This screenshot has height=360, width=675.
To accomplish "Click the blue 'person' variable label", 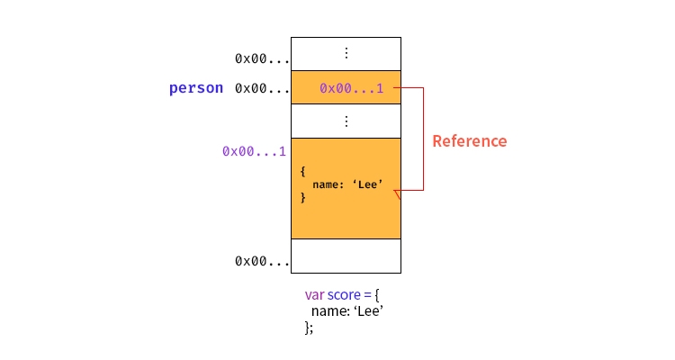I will [x=195, y=88].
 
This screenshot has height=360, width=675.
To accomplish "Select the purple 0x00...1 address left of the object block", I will [x=254, y=151].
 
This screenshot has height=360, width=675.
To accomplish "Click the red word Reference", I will [x=469, y=141].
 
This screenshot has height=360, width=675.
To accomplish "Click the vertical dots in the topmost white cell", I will [x=346, y=54].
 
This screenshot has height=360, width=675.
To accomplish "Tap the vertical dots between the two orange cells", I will [x=346, y=121].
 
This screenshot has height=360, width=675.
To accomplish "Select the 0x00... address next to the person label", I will [x=262, y=88].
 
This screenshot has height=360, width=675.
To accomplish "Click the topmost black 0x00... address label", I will [x=262, y=58].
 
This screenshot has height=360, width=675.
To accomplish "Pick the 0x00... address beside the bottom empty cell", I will [x=262, y=261].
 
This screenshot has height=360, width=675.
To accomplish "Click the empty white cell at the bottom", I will [x=346, y=256].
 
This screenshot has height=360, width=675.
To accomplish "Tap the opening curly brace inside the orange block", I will [x=303, y=170].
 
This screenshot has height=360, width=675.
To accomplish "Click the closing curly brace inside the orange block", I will [x=303, y=198].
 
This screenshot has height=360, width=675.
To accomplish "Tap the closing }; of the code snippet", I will [x=309, y=328].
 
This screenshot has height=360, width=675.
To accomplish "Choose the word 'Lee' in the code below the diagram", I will [x=367, y=311].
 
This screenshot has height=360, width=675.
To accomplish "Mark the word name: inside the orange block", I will [x=329, y=184].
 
